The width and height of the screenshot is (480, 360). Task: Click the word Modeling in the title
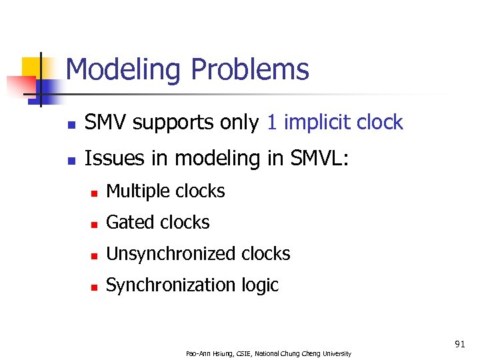point(123,70)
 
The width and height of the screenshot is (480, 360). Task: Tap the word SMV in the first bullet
point(106,123)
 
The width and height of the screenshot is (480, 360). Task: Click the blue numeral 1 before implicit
point(271,123)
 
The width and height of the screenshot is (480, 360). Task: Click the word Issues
point(109,159)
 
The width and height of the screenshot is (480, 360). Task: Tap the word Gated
point(129,223)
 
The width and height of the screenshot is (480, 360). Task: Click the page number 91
point(459,344)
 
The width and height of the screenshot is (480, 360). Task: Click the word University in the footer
point(336,353)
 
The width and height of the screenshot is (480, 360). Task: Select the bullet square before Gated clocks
point(95,224)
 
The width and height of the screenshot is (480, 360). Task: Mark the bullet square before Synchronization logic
point(95,287)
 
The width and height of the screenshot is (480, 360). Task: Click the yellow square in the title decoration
point(31,67)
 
